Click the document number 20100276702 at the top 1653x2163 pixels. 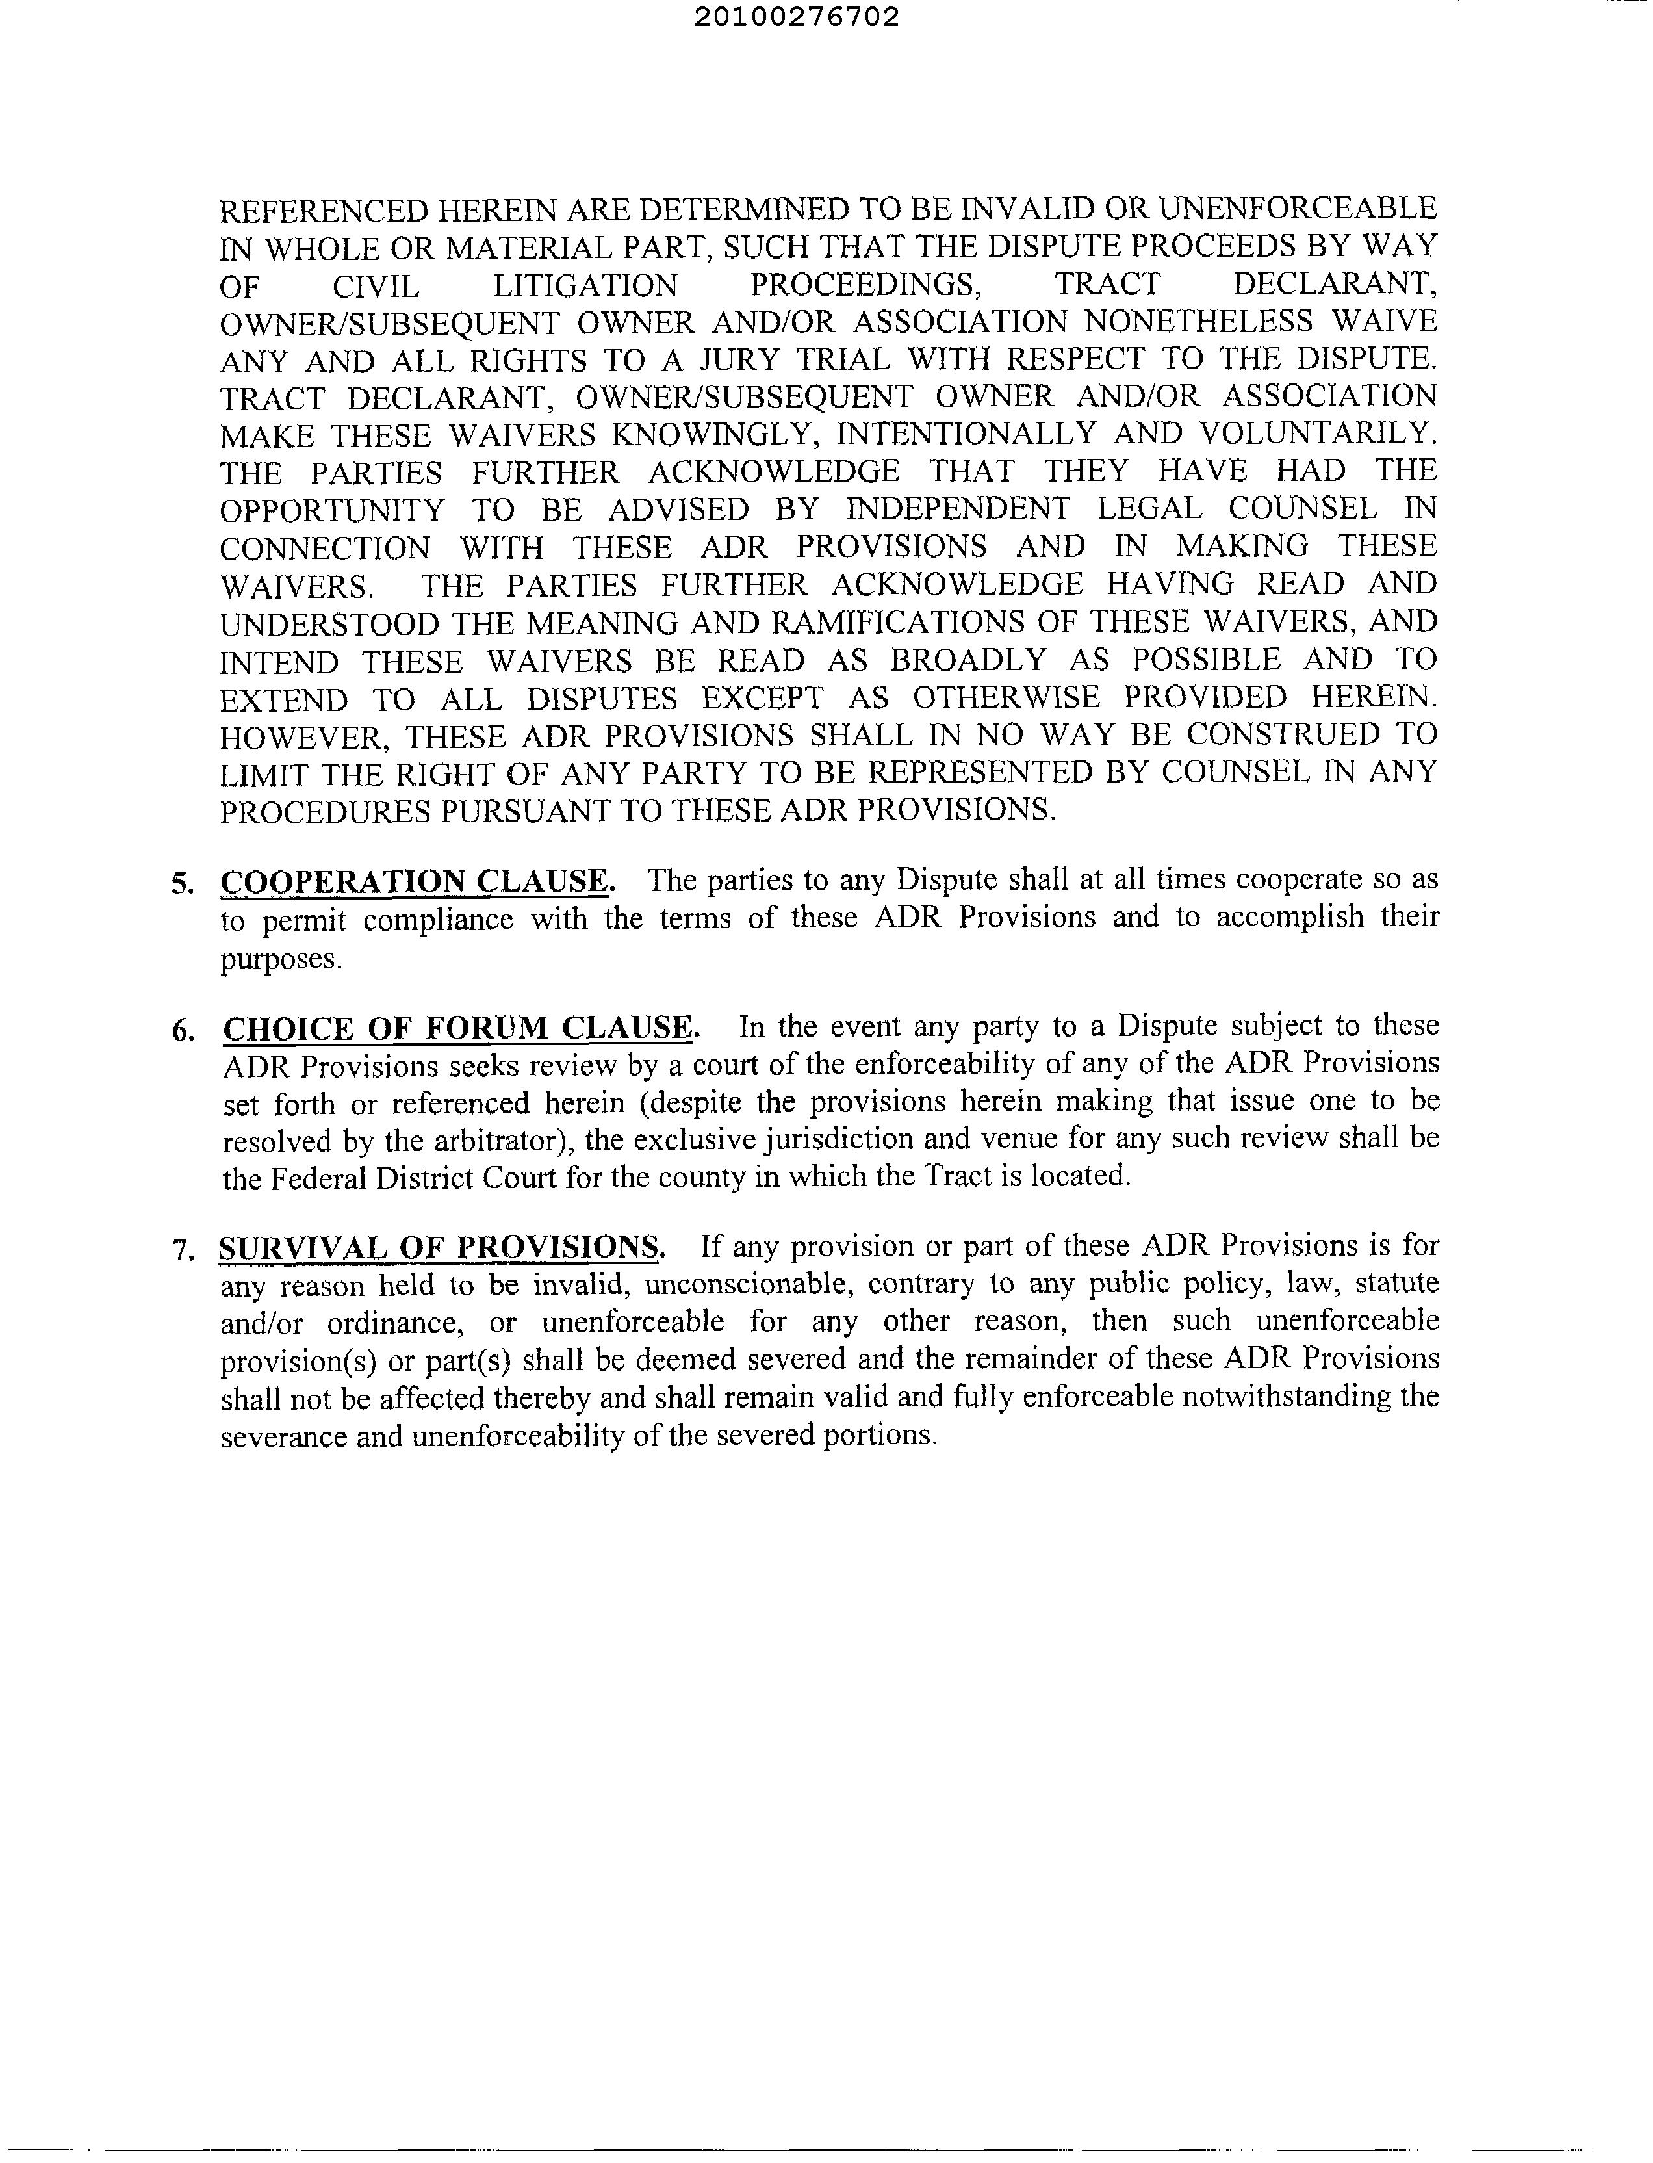click(x=796, y=18)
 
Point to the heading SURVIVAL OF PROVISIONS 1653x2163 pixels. click(x=441, y=1248)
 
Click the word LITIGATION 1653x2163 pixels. click(x=585, y=285)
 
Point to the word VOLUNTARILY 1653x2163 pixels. click(x=1313, y=434)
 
